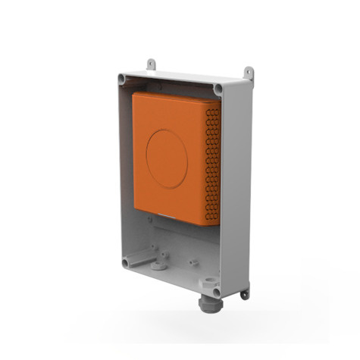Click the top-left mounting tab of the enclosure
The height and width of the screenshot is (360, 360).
coord(151,63)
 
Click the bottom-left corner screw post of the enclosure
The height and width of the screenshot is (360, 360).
coord(126,262)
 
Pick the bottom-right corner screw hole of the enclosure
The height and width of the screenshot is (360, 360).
coord(217,291)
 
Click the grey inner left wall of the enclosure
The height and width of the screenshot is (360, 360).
coord(125,167)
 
